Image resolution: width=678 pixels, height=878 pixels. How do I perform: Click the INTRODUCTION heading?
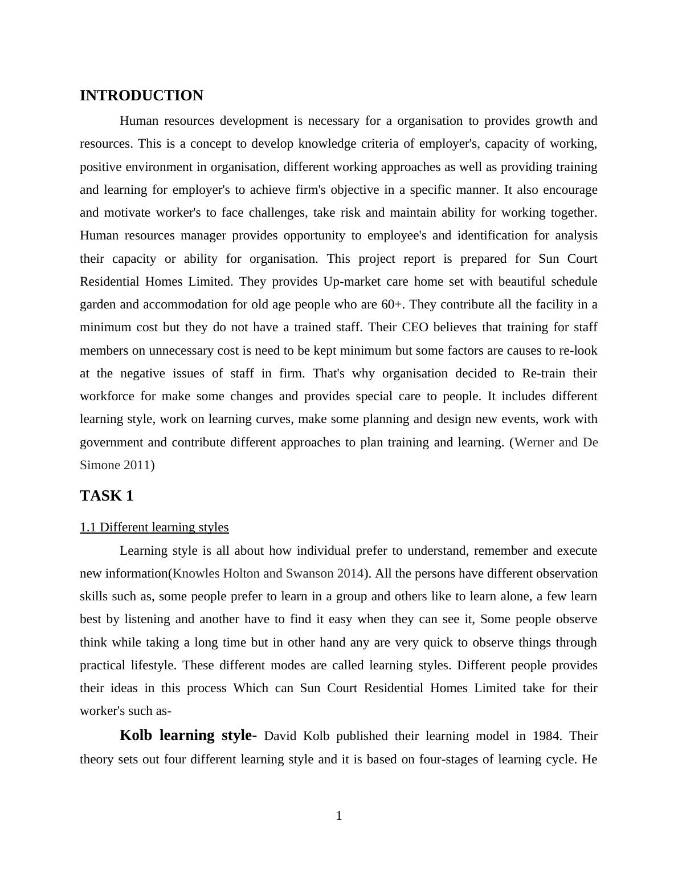coord(141,96)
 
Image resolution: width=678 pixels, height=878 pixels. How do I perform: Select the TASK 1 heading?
coord(107,496)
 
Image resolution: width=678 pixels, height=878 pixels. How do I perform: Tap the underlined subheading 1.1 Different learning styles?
coord(154,527)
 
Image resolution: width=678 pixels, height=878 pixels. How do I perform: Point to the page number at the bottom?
coord(339,816)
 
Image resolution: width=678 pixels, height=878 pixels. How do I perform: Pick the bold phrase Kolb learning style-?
coord(189,735)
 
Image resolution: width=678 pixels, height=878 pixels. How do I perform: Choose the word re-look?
coord(578,351)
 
